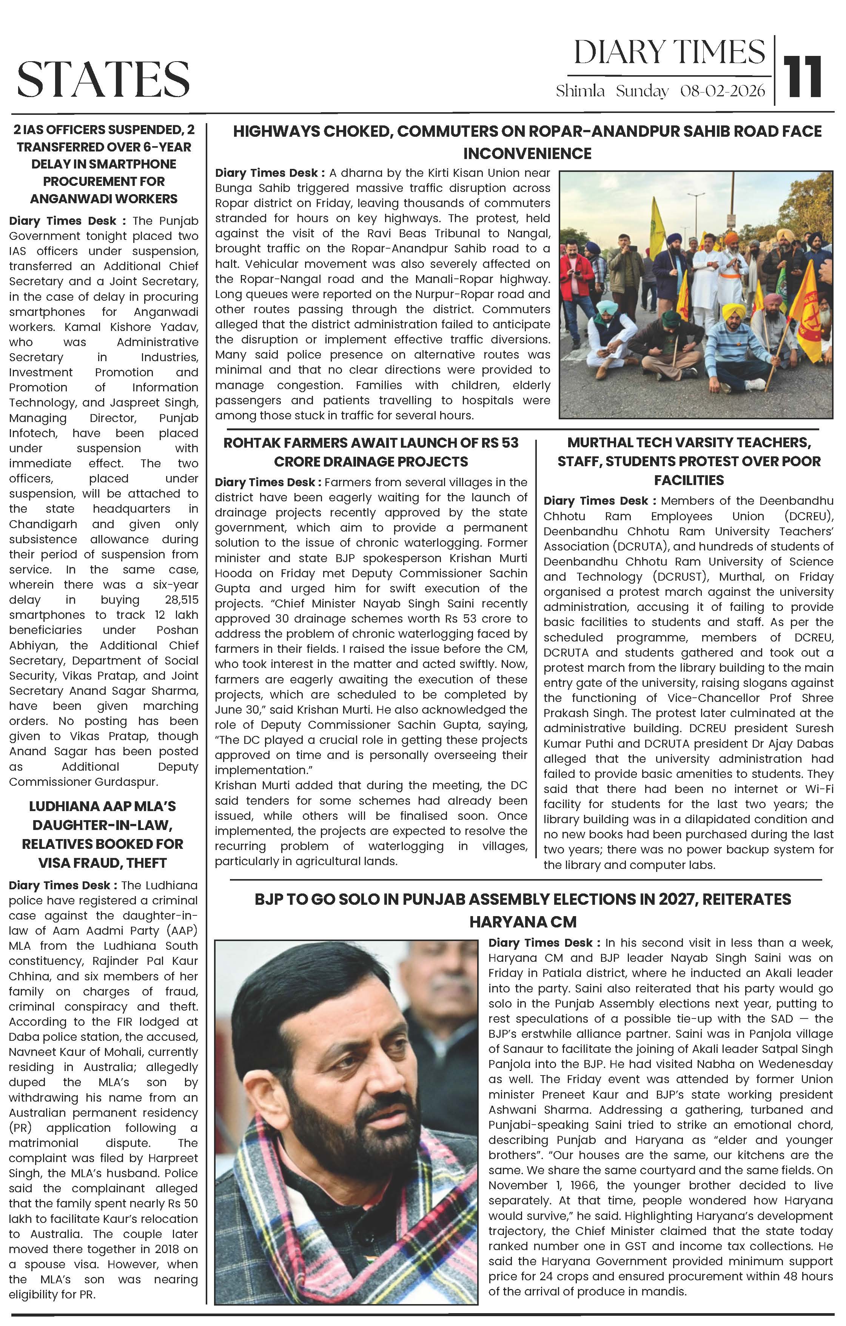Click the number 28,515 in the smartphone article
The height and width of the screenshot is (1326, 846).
pyautogui.click(x=182, y=600)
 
